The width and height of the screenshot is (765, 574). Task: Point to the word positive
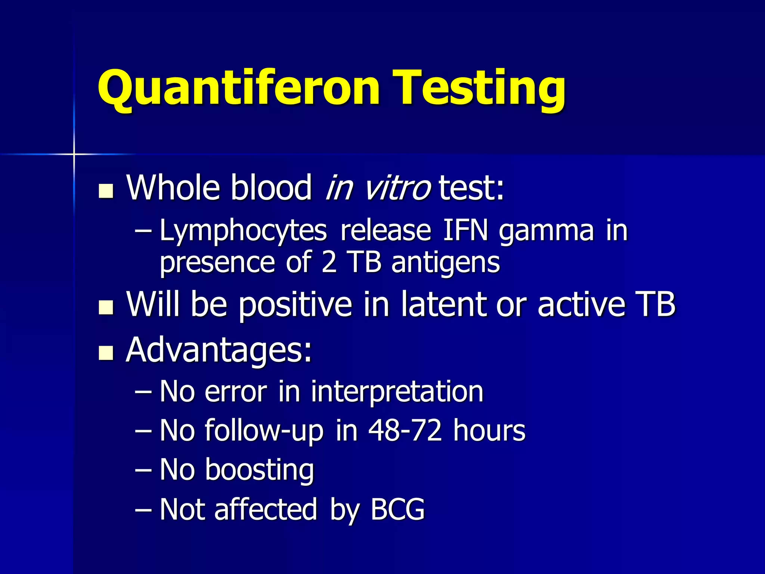(x=295, y=305)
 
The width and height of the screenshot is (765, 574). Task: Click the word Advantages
(x=219, y=351)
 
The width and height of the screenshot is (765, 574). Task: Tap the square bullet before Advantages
(x=106, y=353)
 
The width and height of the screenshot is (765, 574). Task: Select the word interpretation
(x=397, y=392)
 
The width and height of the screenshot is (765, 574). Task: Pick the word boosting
(x=259, y=470)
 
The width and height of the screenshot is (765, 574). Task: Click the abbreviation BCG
(x=397, y=509)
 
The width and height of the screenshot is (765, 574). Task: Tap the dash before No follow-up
(x=143, y=431)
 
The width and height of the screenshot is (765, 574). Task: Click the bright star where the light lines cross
(x=74, y=154)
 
